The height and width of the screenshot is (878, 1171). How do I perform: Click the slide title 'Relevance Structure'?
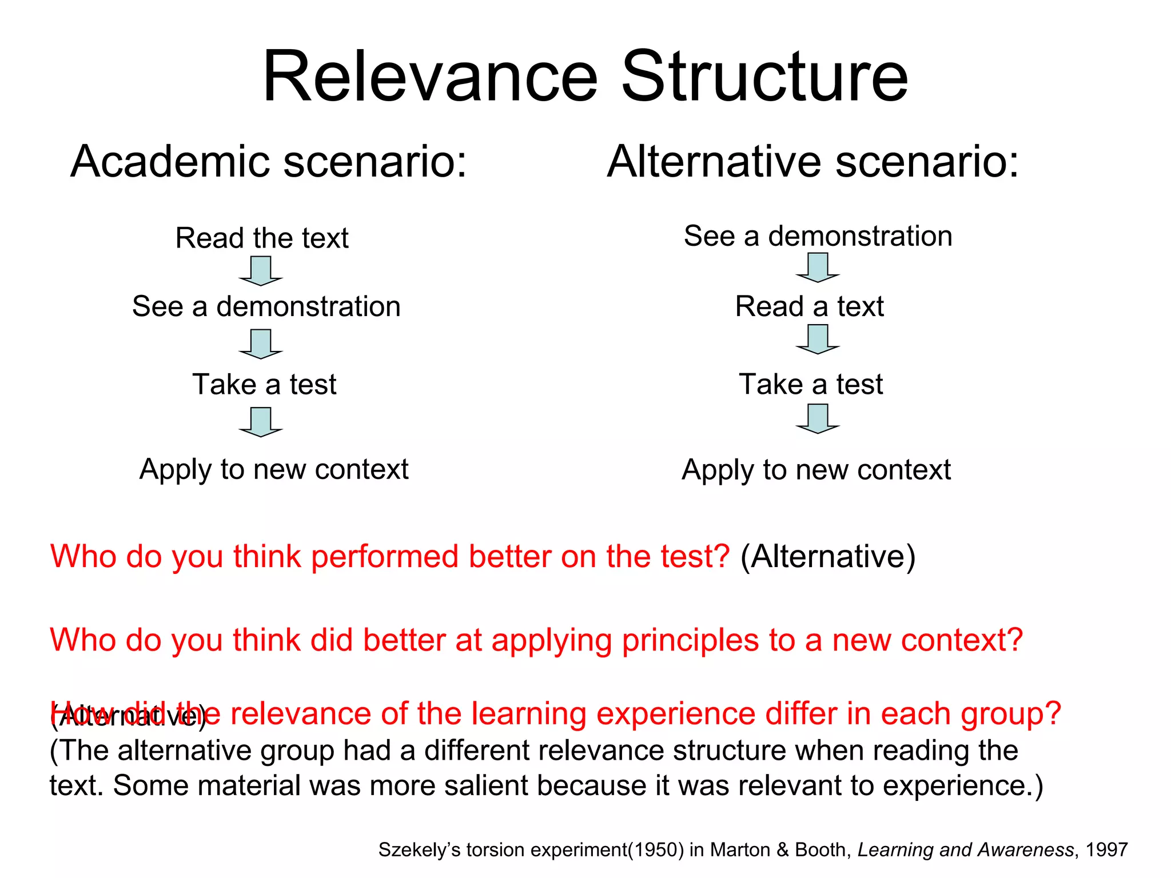point(585,77)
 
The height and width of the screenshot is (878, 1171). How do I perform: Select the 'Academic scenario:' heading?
point(269,162)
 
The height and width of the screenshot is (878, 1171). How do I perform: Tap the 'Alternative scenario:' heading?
point(812,162)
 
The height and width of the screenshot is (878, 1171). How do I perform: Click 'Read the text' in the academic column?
point(262,238)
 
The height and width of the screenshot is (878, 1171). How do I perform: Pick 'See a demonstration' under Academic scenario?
point(266,306)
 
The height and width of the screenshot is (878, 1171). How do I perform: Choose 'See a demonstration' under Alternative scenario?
point(818,236)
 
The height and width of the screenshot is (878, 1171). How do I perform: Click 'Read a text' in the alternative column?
point(809,306)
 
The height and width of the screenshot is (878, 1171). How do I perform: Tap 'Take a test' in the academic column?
point(264,384)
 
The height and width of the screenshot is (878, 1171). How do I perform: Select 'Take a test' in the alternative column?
point(811,384)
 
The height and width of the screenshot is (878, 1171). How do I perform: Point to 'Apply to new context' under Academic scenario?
point(274,469)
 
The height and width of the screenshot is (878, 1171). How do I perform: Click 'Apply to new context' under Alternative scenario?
point(816,470)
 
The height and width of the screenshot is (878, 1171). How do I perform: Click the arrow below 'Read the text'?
point(261,271)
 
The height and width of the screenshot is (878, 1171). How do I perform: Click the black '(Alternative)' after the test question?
point(828,556)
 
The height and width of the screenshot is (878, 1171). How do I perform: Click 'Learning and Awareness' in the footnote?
point(965,850)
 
